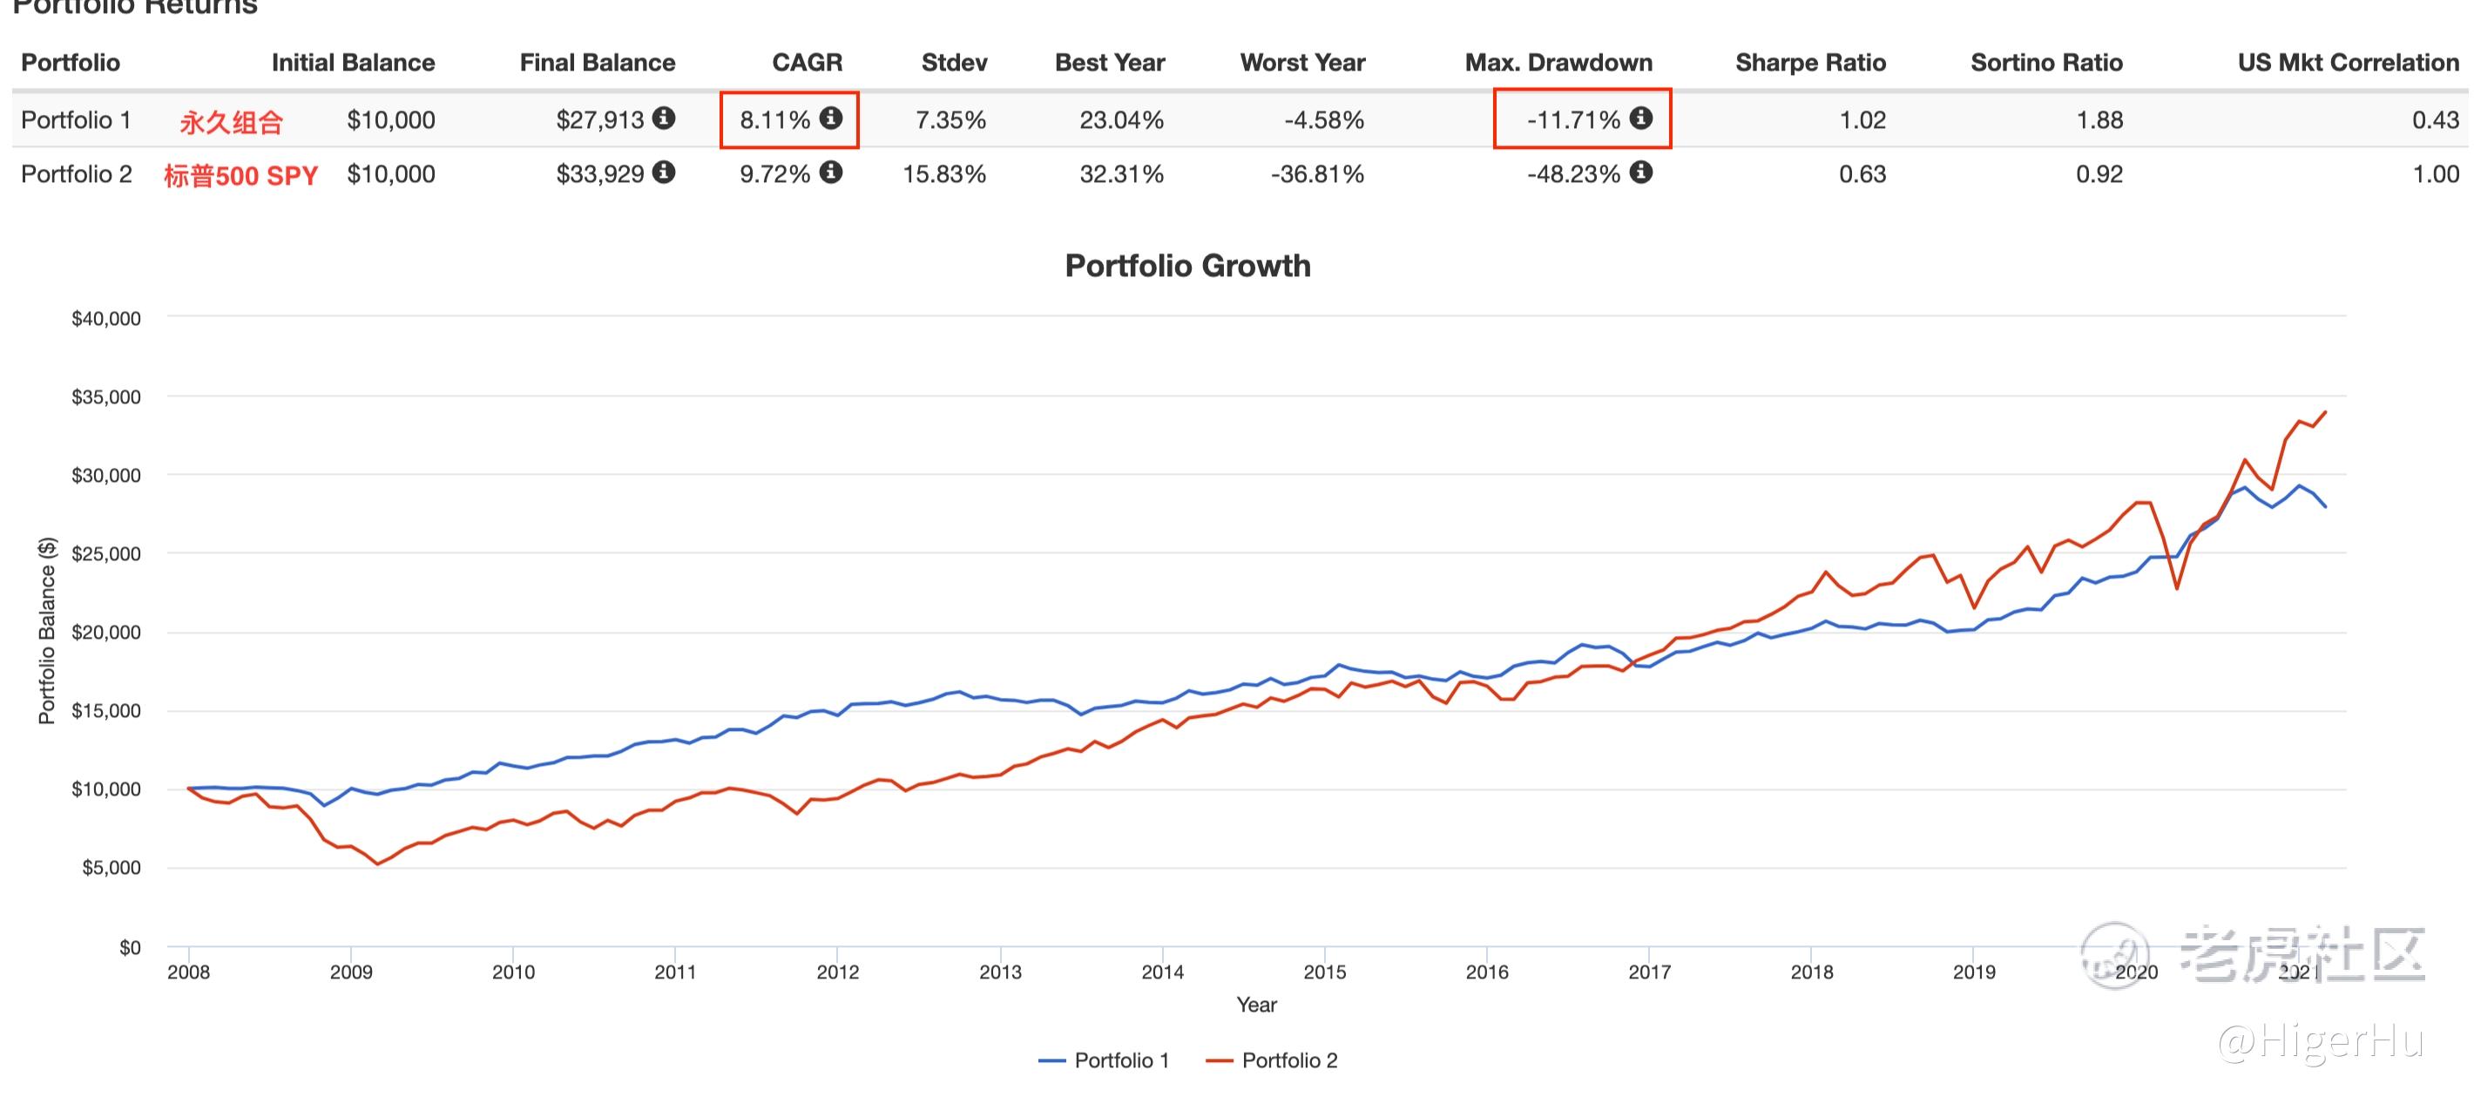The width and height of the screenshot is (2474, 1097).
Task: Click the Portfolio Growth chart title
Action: pyautogui.click(x=1187, y=265)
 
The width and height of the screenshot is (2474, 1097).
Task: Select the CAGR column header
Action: pyautogui.click(x=807, y=63)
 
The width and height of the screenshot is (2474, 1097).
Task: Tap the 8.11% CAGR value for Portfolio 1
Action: pyautogui.click(x=775, y=120)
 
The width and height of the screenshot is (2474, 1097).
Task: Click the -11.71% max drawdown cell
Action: pyautogui.click(x=1573, y=120)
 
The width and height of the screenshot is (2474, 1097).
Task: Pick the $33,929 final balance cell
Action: pyautogui.click(x=600, y=174)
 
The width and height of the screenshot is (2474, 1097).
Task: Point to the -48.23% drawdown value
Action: pyautogui.click(x=1573, y=174)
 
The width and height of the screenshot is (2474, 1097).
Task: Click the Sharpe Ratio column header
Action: pyautogui.click(x=1809, y=63)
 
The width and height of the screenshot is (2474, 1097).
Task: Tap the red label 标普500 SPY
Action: pyautogui.click(x=240, y=176)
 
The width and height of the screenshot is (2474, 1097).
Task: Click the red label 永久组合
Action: pyautogui.click(x=232, y=122)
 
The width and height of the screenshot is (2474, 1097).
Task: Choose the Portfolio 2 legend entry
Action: pyautogui.click(x=1272, y=1060)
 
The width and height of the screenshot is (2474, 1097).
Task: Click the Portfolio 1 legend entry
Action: pyautogui.click(x=1105, y=1060)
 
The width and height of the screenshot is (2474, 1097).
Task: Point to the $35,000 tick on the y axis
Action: pyautogui.click(x=105, y=396)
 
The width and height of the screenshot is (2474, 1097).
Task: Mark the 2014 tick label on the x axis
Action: pyautogui.click(x=1162, y=972)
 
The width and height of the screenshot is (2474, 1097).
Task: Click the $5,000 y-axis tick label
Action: pyautogui.click(x=111, y=868)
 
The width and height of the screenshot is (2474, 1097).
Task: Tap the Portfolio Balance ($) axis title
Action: pyautogui.click(x=46, y=630)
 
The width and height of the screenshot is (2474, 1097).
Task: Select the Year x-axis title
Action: pyautogui.click(x=1256, y=1005)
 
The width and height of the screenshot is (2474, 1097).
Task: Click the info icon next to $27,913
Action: pyautogui.click(x=664, y=119)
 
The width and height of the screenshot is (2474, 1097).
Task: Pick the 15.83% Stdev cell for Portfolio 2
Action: pyautogui.click(x=944, y=174)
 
